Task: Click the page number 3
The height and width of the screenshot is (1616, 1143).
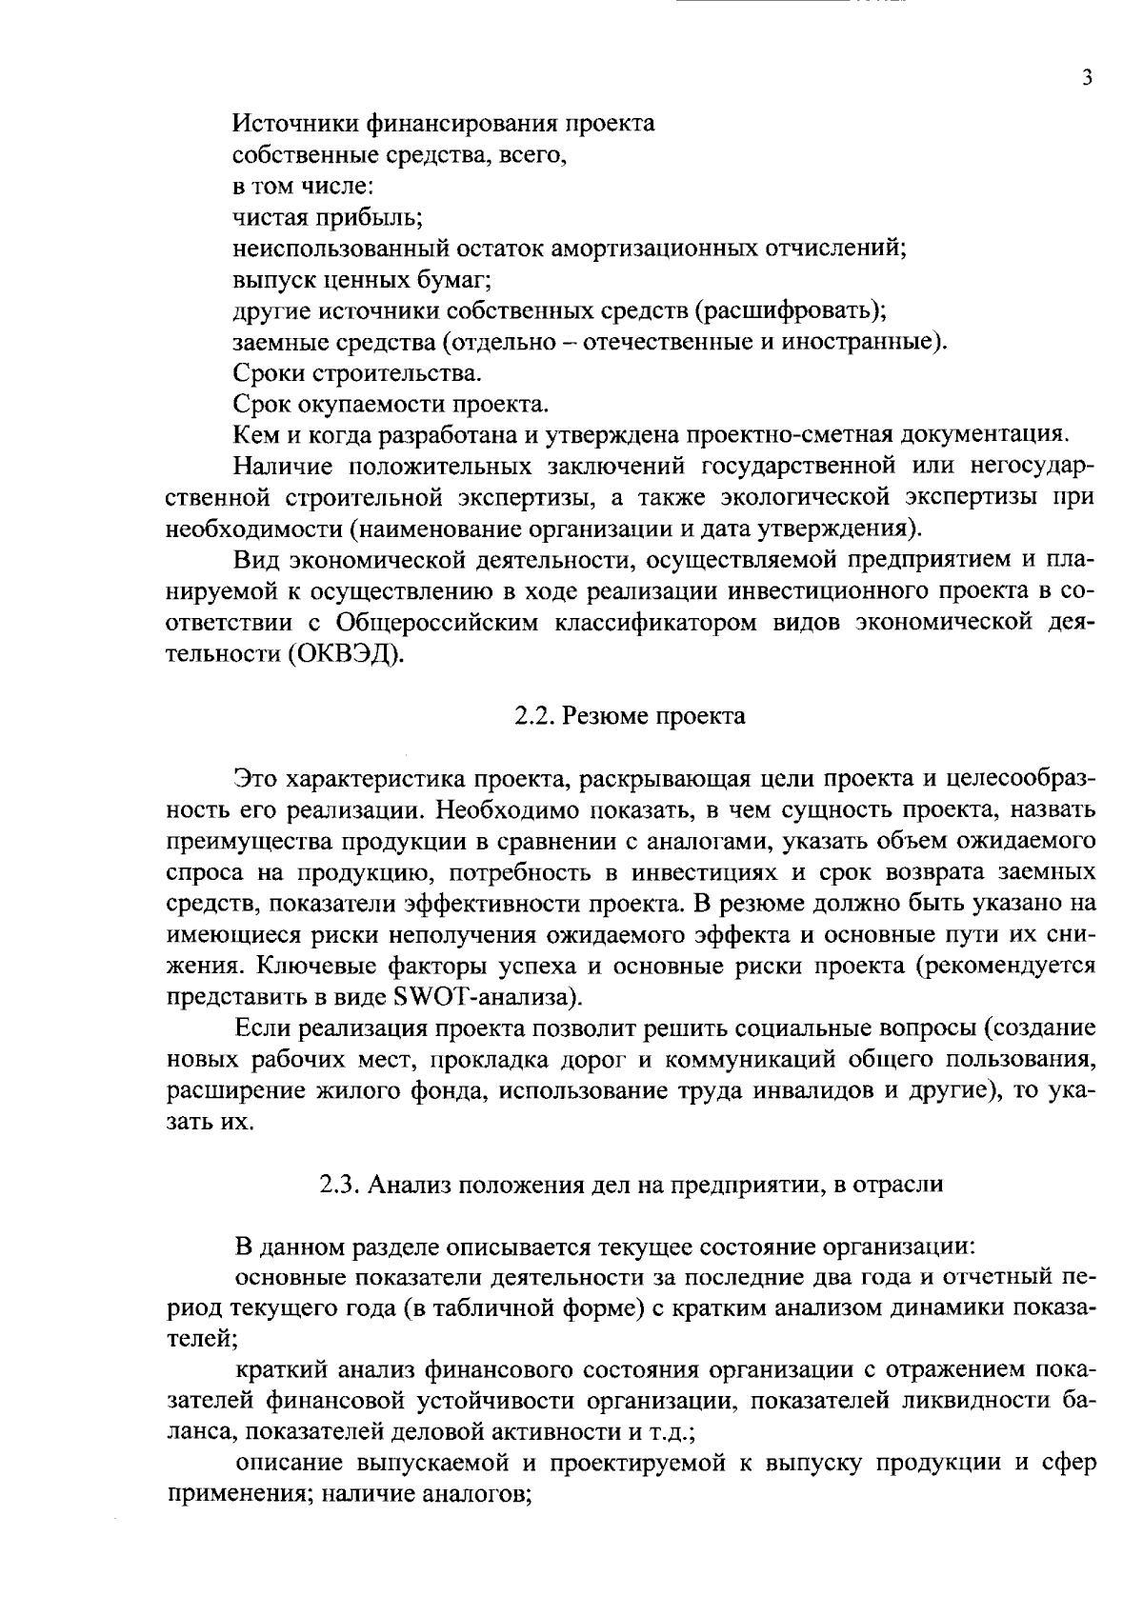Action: pos(1087,79)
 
